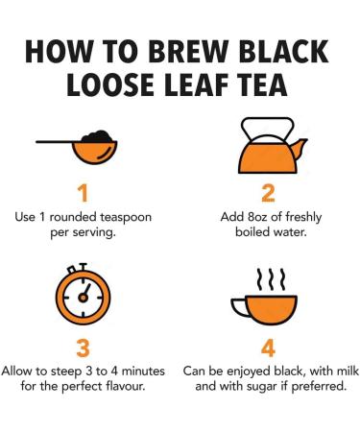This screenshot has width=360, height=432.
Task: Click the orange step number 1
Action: click(84, 193)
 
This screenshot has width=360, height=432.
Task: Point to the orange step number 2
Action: click(268, 193)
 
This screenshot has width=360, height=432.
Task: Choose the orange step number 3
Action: click(84, 348)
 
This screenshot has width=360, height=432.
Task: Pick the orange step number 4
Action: click(268, 348)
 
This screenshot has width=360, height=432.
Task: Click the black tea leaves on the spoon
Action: click(97, 136)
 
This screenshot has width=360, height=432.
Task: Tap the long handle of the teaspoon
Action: click(55, 141)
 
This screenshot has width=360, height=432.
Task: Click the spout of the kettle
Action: click(300, 148)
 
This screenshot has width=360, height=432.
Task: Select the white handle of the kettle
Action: click(268, 129)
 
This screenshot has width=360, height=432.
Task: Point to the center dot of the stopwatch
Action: click(84, 298)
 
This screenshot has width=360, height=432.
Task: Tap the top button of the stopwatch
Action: click(84, 267)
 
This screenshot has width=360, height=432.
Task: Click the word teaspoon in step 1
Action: click(126, 217)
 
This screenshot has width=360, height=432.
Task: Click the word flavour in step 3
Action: click(126, 386)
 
